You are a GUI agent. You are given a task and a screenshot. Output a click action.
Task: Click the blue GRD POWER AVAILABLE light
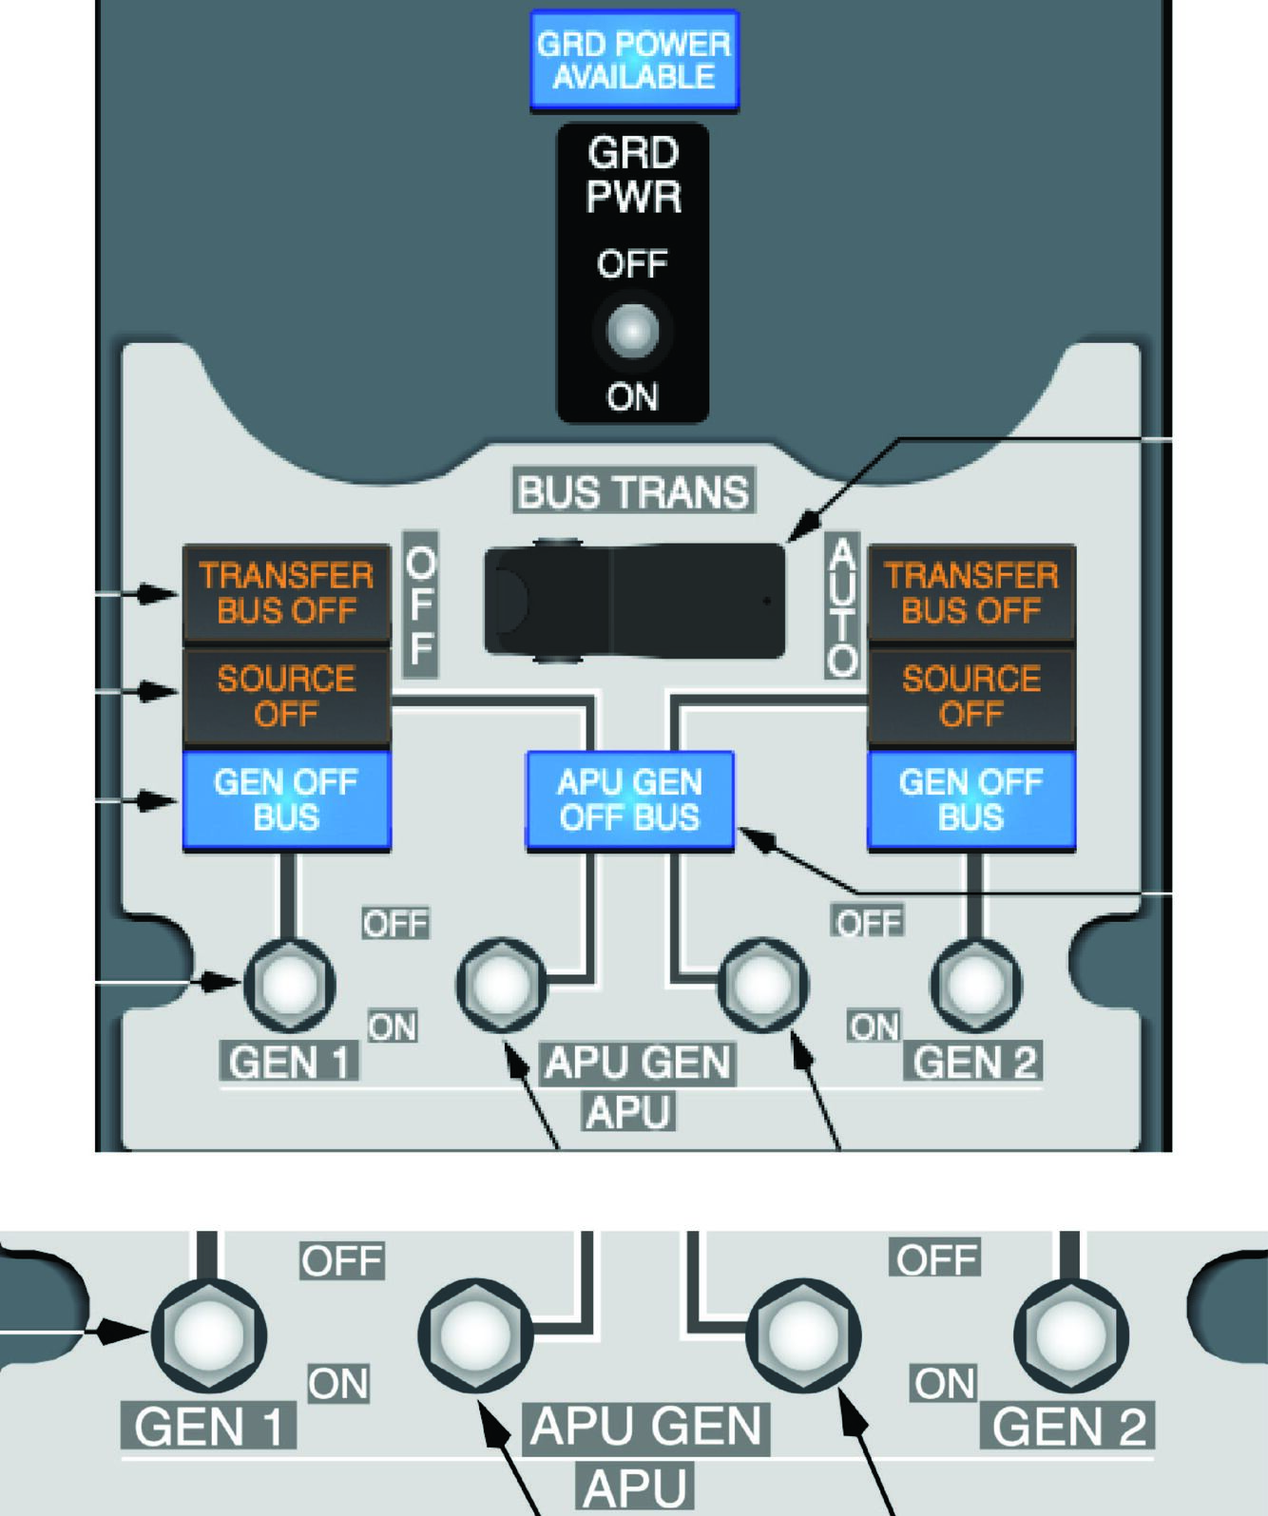tap(634, 60)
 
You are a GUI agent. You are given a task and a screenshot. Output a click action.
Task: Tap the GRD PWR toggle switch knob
tap(633, 331)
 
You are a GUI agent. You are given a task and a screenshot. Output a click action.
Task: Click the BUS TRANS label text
tap(634, 491)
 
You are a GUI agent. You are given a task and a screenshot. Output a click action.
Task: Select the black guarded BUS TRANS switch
tap(635, 602)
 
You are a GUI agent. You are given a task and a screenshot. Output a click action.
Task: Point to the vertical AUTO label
tap(842, 604)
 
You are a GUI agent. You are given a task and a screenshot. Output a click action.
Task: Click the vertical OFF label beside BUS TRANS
tap(420, 604)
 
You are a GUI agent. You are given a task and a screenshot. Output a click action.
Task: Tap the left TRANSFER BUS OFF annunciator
tap(286, 593)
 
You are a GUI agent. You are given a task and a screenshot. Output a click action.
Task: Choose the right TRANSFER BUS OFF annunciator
tap(971, 593)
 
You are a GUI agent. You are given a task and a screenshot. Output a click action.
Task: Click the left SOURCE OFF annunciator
tap(286, 696)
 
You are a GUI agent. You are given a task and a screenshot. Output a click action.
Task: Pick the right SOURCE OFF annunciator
tap(971, 696)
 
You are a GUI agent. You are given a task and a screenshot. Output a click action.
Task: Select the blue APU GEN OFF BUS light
tap(629, 799)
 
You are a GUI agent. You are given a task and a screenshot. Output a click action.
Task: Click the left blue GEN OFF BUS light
tap(286, 799)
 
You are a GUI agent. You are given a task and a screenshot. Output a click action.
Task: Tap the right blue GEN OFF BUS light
tap(971, 799)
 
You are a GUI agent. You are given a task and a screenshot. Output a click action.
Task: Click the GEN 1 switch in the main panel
tap(290, 985)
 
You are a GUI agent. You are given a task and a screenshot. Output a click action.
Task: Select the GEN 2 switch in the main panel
tap(975, 986)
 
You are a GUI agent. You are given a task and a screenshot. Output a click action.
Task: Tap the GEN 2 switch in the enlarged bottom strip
tap(1071, 1334)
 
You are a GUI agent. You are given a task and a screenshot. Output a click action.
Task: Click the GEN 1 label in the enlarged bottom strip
tap(209, 1427)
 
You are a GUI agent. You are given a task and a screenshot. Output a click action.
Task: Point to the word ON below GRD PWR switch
tap(632, 396)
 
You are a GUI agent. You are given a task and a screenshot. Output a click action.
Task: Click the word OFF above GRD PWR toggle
tap(632, 264)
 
